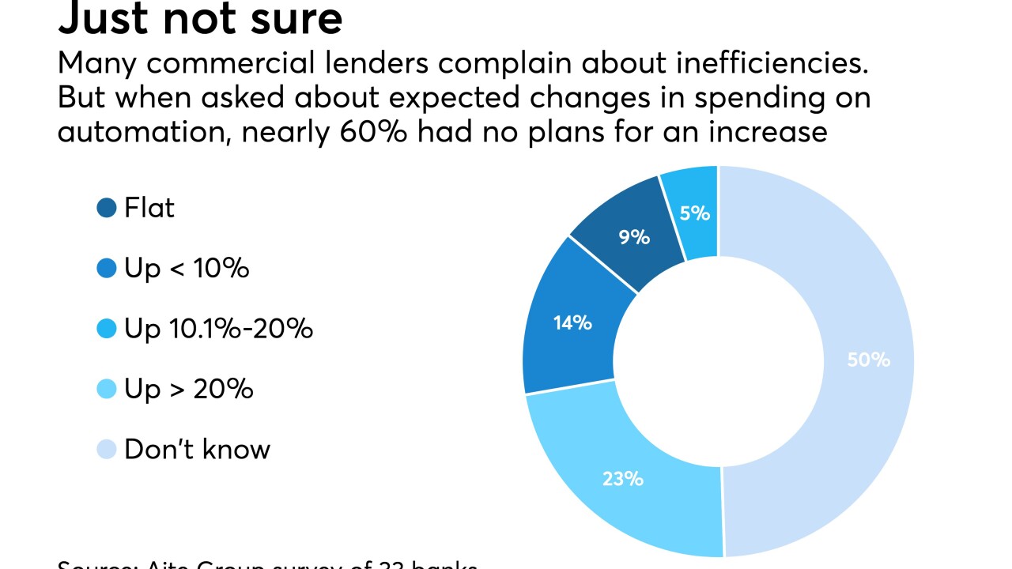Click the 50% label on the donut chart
tap(868, 360)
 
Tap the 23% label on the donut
tap(622, 478)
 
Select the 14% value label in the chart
tap(572, 322)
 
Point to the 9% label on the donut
tap(634, 236)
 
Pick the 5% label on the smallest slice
tap(694, 213)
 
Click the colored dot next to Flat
tap(107, 209)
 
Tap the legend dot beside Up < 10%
tap(107, 269)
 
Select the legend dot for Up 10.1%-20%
tap(107, 329)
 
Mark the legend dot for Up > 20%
tap(107, 389)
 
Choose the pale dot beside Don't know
tap(107, 450)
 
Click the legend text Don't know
tap(197, 449)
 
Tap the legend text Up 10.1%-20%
tap(218, 329)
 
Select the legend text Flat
tap(149, 208)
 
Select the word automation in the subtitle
tap(142, 131)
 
